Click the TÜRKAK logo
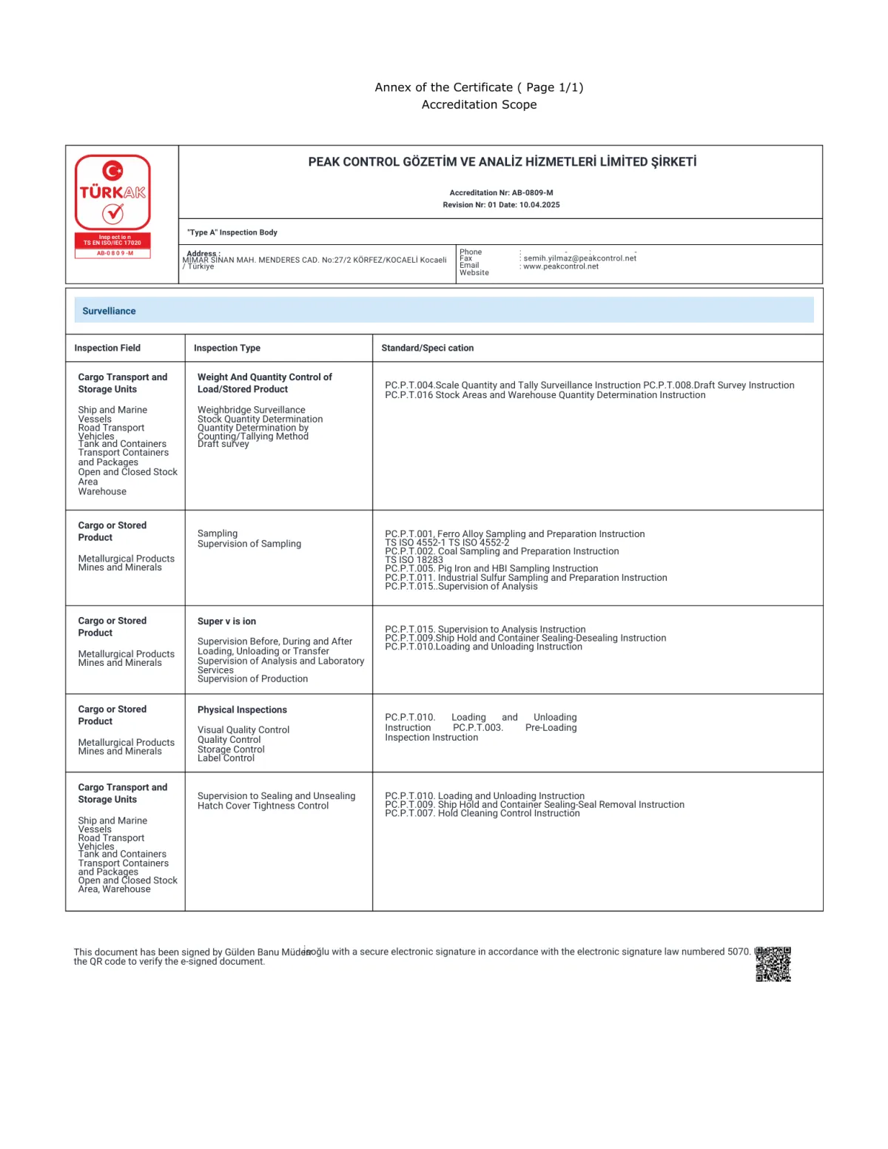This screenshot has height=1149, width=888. click(112, 192)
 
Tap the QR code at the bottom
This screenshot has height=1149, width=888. click(773, 964)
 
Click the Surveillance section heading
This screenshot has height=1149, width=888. click(109, 311)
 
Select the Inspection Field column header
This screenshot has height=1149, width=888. click(107, 348)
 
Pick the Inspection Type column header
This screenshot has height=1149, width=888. click(226, 348)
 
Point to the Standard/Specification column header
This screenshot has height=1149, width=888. click(427, 348)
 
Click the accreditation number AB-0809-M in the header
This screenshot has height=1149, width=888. click(532, 192)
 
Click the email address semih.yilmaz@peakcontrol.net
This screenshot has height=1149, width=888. click(579, 258)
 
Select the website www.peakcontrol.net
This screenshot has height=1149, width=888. click(561, 266)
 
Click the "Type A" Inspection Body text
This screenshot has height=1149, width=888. click(232, 232)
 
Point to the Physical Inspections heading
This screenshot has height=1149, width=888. click(242, 710)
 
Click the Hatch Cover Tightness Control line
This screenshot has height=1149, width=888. click(263, 806)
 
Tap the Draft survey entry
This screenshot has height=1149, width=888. click(223, 444)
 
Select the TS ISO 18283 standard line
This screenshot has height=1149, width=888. click(414, 560)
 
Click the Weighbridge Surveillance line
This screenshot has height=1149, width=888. click(251, 410)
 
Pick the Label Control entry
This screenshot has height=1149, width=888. click(226, 758)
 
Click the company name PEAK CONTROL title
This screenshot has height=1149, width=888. click(502, 162)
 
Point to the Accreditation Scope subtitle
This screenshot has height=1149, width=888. click(479, 105)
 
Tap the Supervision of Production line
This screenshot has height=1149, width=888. click(252, 679)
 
